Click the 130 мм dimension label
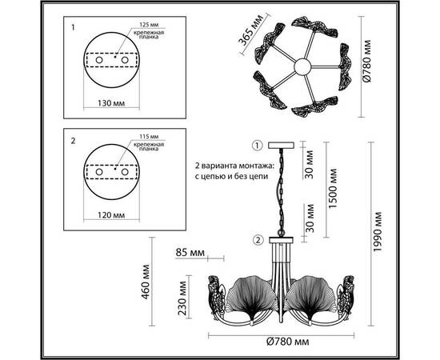click(x=111, y=103)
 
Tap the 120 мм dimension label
click(x=111, y=215)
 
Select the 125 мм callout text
click(x=149, y=25)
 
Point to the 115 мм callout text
click(x=149, y=137)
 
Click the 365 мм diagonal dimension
click(x=250, y=30)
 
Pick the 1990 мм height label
click(x=378, y=232)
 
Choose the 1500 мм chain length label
click(x=333, y=188)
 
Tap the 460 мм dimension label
click(x=146, y=282)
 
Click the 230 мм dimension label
click(x=182, y=298)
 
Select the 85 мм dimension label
click(x=190, y=253)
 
